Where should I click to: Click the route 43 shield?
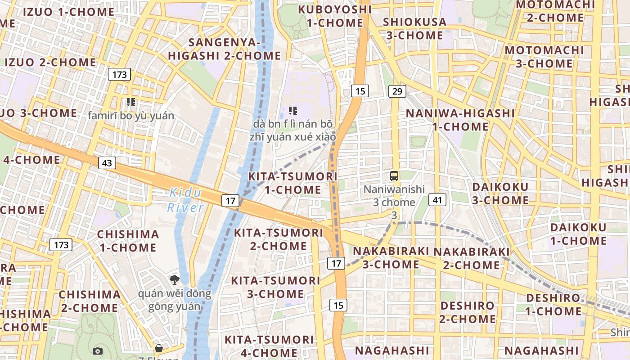tap(107, 162)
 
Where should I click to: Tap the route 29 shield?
tap(397, 91)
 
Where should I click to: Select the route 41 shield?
tap(437, 199)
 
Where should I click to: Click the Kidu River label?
tap(185, 200)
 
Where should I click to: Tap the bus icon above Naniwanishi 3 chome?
tap(394, 175)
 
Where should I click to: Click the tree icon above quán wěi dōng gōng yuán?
tap(174, 280)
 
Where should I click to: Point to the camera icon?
tap(98, 351)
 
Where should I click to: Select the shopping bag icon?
tap(158, 348)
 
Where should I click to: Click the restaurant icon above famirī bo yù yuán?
tap(131, 102)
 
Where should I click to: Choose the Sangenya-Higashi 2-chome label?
tap(224, 49)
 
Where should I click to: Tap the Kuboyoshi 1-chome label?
tap(335, 16)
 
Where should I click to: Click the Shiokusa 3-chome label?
tap(414, 28)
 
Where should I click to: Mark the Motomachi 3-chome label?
tap(544, 57)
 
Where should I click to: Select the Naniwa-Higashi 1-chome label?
tap(460, 120)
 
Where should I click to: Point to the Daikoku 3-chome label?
tap(500, 193)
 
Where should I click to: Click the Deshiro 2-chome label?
tap(468, 312)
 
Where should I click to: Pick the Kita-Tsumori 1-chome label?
tap(292, 183)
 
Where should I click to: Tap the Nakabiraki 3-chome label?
tap(391, 257)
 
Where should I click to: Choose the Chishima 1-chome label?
tap(128, 241)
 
